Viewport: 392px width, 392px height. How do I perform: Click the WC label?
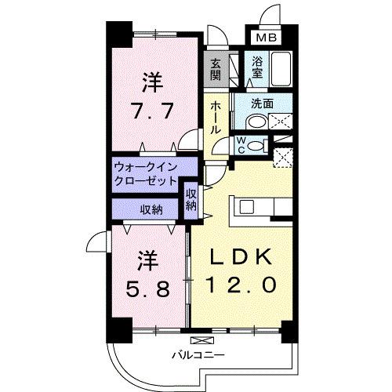click(242, 144)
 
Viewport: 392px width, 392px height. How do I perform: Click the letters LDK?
click(240, 257)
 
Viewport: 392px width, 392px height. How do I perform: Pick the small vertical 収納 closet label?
click(191, 199)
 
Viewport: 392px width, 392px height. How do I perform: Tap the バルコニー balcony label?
click(199, 355)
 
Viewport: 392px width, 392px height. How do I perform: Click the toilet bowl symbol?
click(255, 121)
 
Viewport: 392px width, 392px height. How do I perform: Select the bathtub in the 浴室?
click(282, 68)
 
